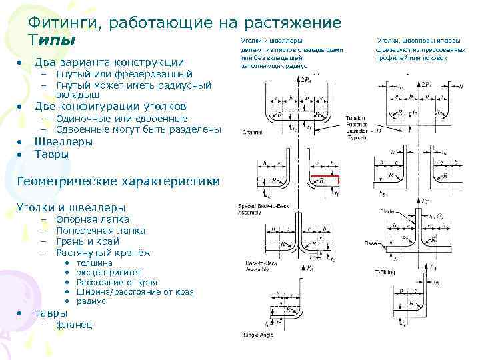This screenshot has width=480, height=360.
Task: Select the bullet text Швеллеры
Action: coord(63,142)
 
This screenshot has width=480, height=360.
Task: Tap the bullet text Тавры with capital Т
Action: coord(51,155)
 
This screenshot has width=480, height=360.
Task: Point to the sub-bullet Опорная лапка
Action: coord(93,219)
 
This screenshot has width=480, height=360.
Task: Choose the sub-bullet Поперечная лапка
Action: coord(100,230)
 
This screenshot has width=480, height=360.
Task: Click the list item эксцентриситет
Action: coord(109,273)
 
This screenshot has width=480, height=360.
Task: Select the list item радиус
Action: coord(91,301)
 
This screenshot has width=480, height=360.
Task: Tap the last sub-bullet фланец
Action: coord(75,325)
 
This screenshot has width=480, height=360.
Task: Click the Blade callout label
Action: coord(387,211)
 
